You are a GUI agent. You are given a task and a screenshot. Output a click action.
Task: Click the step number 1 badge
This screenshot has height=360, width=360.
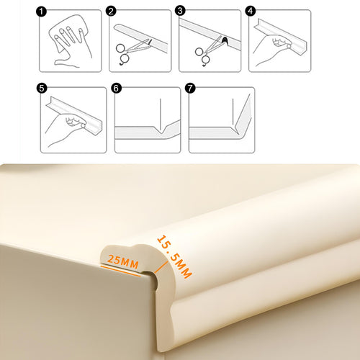tap(41, 12)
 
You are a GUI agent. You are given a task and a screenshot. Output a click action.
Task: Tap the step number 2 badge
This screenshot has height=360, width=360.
tap(111, 12)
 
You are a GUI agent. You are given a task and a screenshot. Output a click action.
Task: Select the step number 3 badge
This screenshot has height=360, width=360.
tap(180, 11)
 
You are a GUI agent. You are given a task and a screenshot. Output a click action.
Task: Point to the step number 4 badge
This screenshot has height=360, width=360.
tap(251, 11)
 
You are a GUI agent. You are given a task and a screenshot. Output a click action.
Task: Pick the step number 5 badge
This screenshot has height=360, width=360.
tap(42, 88)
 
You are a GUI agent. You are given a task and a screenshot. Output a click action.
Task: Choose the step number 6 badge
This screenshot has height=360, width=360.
tap(116, 88)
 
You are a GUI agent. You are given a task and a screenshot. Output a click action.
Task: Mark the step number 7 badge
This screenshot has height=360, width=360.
tap(190, 88)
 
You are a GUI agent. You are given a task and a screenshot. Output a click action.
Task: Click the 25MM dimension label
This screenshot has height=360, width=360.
tap(123, 262)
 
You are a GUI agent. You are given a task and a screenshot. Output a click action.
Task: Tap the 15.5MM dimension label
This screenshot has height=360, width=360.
tap(174, 257)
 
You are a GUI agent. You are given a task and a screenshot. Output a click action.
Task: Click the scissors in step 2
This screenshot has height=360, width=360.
tap(132, 51)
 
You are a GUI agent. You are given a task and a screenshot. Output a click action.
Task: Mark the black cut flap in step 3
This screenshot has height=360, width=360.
tap(225, 40)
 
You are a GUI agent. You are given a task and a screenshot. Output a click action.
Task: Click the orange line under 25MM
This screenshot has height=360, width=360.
tap(120, 271)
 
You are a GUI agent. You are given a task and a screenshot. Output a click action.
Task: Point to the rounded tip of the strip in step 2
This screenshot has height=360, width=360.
tap(117, 27)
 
